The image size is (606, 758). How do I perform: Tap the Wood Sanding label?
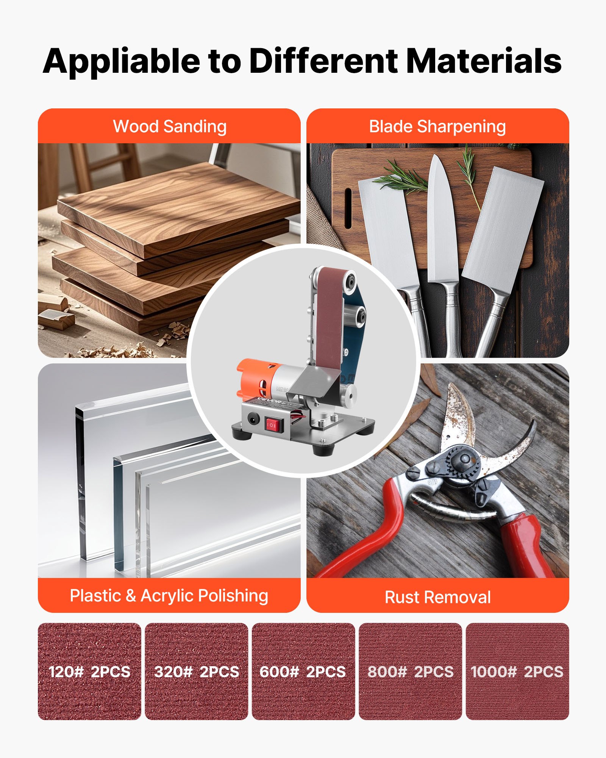[x=170, y=127]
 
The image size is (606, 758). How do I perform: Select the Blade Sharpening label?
[x=437, y=127]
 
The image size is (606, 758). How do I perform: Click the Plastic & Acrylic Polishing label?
[x=169, y=595]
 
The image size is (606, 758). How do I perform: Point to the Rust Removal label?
[x=438, y=597]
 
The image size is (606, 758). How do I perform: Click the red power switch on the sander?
[x=274, y=425]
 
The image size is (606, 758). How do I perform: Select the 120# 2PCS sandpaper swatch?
[x=89, y=671]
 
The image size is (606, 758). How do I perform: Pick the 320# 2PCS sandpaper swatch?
[x=197, y=671]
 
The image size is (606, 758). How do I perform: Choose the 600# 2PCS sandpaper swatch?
[x=303, y=671]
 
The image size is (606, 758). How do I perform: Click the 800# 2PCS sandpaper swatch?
[x=410, y=671]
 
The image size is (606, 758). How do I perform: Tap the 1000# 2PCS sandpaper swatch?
[x=517, y=671]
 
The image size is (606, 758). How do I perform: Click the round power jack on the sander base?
[x=253, y=419]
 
